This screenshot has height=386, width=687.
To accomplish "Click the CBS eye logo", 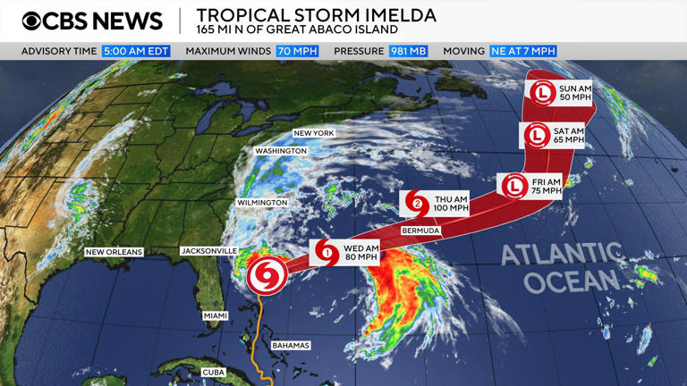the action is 32,21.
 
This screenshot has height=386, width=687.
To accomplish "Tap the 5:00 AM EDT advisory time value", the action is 137,51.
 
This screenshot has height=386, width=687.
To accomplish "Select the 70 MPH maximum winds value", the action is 297,51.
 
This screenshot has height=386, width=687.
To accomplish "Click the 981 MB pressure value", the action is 408,51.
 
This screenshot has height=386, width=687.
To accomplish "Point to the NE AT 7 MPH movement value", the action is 523,51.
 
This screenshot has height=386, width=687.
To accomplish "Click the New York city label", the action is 313,133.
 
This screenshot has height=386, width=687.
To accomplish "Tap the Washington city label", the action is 280,151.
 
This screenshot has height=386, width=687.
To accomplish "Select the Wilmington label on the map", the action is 262,203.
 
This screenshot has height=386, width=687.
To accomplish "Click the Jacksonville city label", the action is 208,251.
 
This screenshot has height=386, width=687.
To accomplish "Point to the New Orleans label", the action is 114,252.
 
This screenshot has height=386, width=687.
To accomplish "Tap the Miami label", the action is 216,315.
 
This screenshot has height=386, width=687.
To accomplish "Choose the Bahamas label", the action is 291,345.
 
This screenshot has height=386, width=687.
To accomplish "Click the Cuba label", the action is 214,372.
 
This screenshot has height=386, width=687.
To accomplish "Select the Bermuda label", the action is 420,231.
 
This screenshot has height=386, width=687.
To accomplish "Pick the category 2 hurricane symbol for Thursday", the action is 417,204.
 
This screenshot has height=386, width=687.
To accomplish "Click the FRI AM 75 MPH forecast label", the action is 545,186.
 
